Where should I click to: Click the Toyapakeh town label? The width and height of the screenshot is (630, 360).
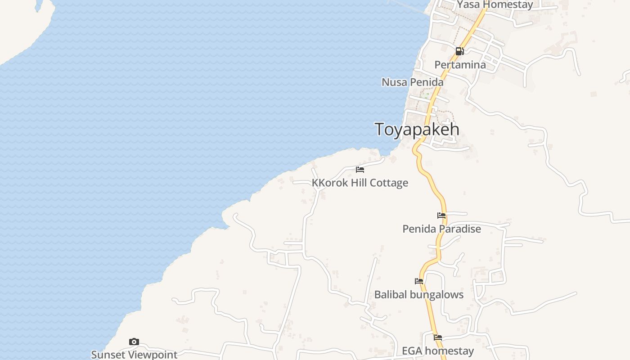(417, 129)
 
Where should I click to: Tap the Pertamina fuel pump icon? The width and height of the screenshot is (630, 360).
(459, 51)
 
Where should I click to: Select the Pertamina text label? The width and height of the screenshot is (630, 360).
(460, 65)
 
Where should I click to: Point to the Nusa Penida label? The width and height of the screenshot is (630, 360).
(412, 82)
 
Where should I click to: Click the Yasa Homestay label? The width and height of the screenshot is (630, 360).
(495, 5)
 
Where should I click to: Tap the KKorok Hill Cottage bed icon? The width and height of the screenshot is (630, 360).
(360, 170)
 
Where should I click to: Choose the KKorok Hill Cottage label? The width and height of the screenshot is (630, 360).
(360, 183)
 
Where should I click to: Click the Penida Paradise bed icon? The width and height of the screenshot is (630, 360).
(441, 216)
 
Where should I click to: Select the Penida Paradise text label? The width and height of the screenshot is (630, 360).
(441, 229)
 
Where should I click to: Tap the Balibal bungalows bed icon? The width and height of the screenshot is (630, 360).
(419, 281)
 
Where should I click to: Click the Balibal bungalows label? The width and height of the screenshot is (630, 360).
(419, 295)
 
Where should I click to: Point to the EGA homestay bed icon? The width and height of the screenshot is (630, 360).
(438, 337)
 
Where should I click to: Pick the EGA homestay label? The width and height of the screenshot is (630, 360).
(438, 351)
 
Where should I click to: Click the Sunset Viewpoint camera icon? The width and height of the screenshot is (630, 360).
(134, 342)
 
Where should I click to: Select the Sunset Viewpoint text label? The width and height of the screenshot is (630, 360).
(134, 355)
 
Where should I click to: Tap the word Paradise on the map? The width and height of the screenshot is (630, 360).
(460, 229)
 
